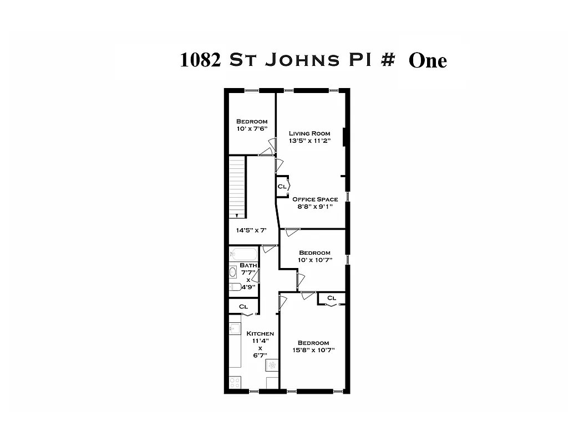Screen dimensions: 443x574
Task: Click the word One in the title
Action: point(427,60)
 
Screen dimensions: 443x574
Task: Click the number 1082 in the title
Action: point(201,60)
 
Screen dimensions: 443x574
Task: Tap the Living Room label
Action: point(309,133)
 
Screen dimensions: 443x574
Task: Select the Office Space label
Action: point(315,199)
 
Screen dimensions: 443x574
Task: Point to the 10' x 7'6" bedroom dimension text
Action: point(252,129)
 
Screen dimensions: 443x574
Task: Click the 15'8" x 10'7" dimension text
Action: point(313,350)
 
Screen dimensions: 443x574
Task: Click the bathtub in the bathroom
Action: point(243,255)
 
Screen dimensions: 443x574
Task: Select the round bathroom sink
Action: point(233,272)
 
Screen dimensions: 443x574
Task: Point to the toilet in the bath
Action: point(234,287)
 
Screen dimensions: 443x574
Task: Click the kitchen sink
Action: point(234,329)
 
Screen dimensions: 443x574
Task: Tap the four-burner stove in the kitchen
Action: point(235,382)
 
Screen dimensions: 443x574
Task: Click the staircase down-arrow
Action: point(237,215)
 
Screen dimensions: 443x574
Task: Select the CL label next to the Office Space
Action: point(282,187)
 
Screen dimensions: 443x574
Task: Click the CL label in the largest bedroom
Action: point(332,298)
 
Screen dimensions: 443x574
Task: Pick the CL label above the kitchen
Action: point(243,306)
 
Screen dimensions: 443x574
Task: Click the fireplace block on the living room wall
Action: point(344,136)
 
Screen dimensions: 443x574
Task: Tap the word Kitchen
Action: point(260,333)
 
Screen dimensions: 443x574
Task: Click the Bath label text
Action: point(248,265)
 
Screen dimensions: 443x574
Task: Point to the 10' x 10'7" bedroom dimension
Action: point(314,260)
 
